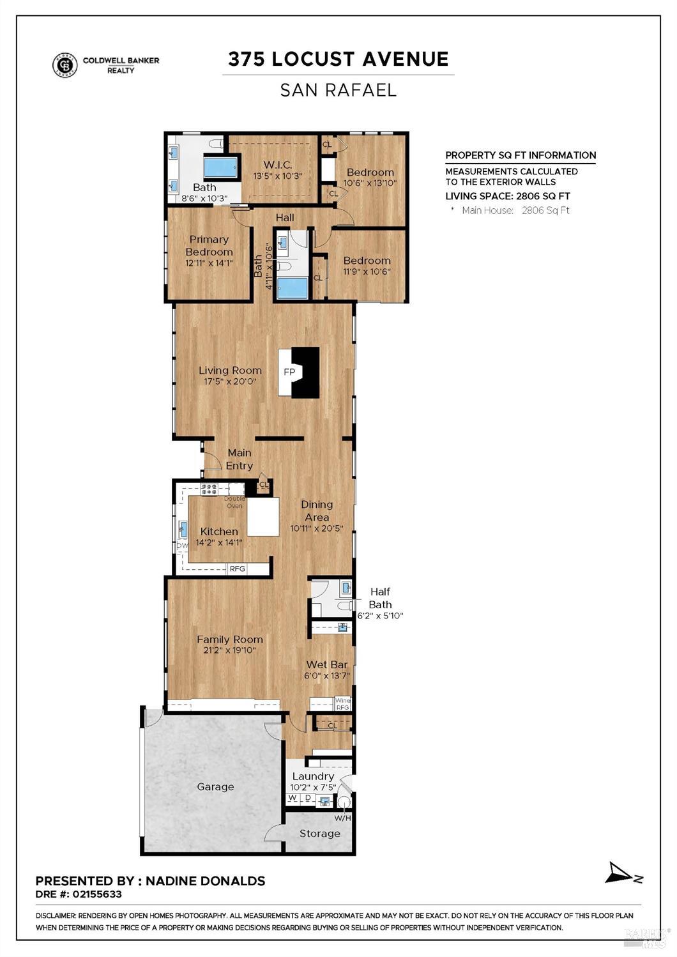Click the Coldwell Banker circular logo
tap(65, 65)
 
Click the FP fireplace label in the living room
tap(289, 372)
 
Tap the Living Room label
tap(230, 371)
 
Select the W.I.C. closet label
tap(277, 164)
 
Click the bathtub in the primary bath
tap(221, 167)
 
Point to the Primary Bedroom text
tap(209, 245)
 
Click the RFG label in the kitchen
tap(238, 569)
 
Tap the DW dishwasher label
tap(183, 546)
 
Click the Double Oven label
tap(234, 502)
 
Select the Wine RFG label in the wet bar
tap(343, 704)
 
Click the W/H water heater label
tap(343, 818)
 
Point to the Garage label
tap(215, 787)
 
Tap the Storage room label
tap(319, 833)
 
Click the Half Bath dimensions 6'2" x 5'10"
tap(381, 616)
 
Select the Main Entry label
tap(240, 459)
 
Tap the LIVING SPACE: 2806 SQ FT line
tap(508, 196)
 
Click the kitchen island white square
tap(263, 516)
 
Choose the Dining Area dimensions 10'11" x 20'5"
tap(317, 528)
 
